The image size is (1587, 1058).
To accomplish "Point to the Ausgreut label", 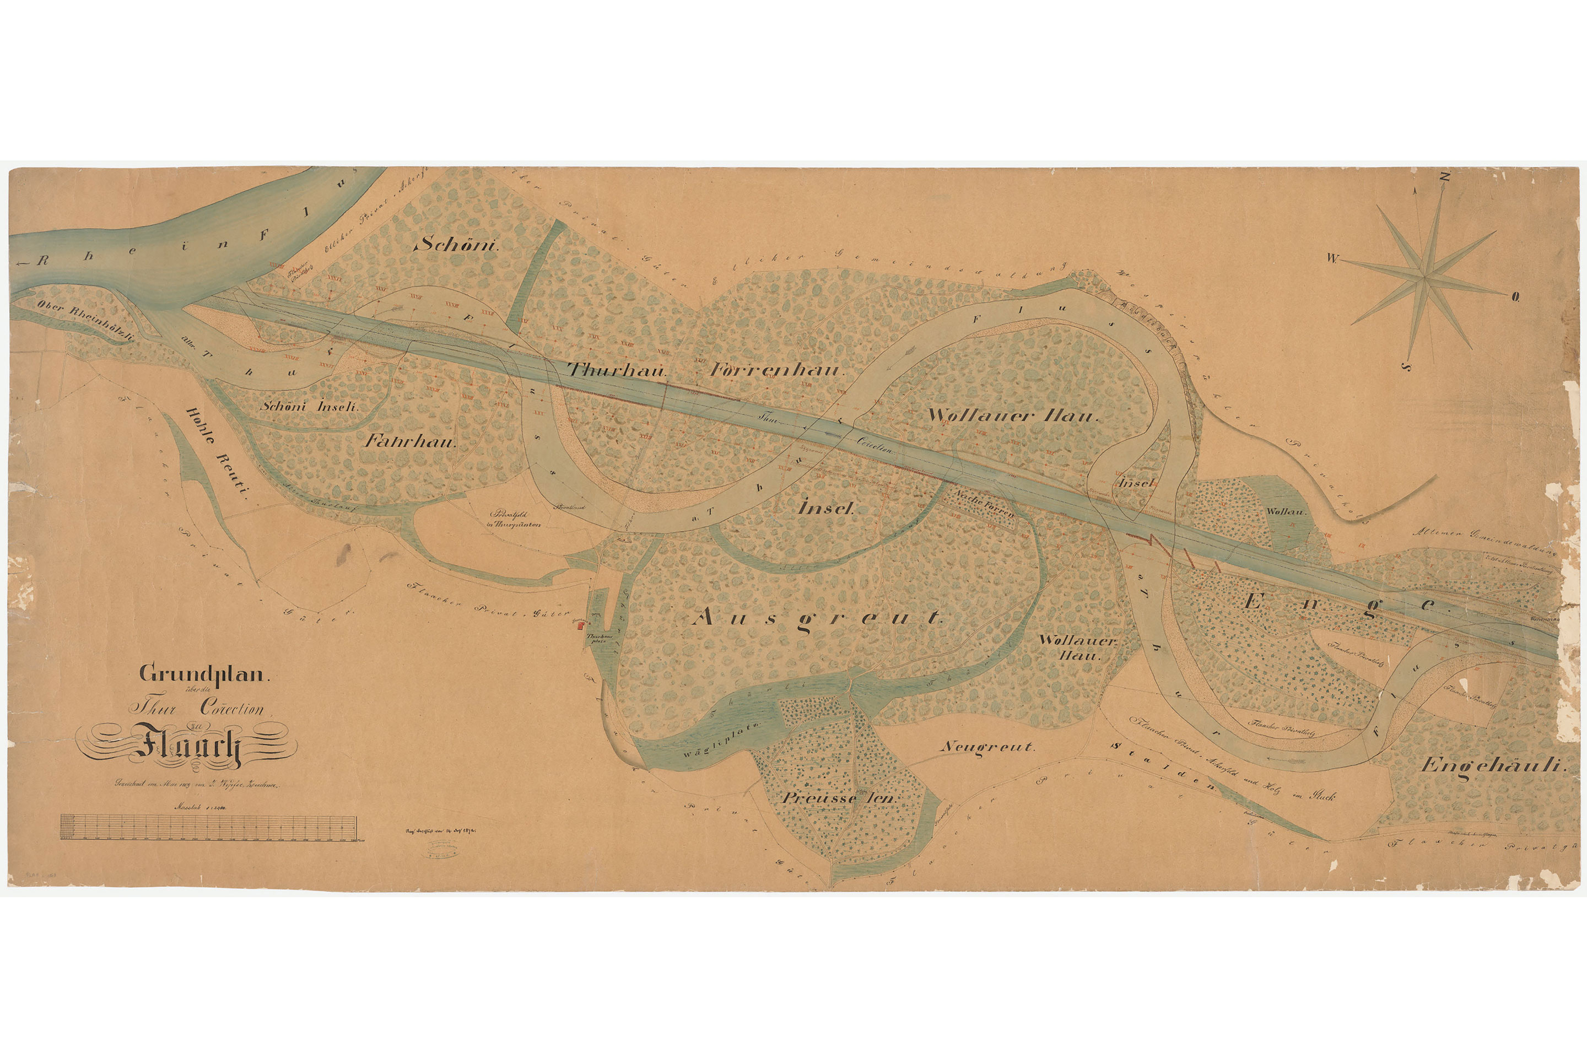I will point(817,617).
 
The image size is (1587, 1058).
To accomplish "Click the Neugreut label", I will point(986,747).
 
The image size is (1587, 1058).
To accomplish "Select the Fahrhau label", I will point(412,442).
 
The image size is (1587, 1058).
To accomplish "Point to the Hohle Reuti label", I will point(217,454).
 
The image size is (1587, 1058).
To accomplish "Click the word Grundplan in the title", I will point(204,673).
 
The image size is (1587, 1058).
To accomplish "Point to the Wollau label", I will point(1286,512).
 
